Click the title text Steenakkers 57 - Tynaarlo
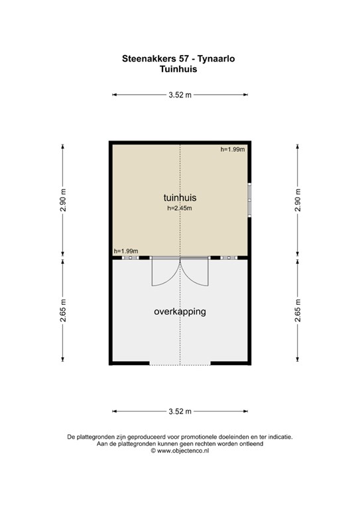179,58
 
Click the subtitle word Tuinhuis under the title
179,68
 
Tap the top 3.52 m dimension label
180,95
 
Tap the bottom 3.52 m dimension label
180,412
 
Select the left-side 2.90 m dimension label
63,200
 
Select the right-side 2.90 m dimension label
297,200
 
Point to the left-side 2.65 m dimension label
63,310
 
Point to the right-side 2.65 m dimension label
297,310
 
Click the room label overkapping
180,311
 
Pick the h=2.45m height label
179,209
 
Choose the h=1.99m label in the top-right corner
233,150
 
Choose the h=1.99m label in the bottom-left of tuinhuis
125,251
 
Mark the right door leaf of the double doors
196,273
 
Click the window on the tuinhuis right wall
249,199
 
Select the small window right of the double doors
229,257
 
